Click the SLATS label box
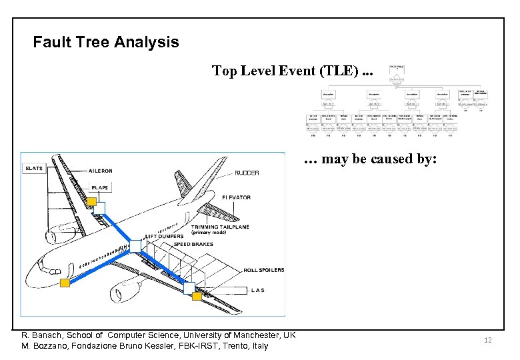point(33,169)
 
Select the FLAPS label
point(100,187)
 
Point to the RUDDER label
point(247,173)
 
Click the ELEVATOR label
point(237,197)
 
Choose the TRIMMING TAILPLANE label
point(220,227)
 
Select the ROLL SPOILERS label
point(265,270)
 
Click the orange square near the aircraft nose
point(65,283)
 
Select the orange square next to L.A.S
point(196,296)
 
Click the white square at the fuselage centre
point(135,246)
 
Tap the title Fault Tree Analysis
point(106,43)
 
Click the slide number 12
point(487,341)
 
